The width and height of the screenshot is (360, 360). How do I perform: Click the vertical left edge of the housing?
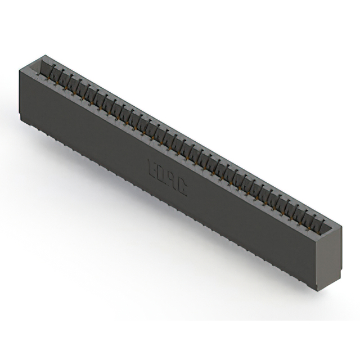point(20,93)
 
